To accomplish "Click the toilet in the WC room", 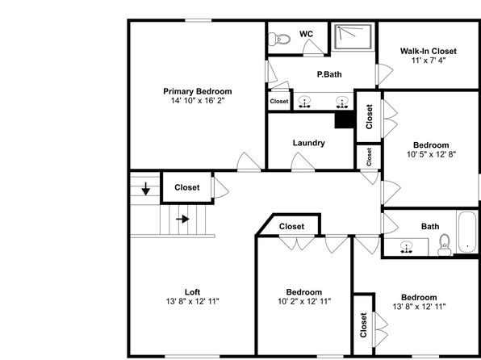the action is coord(279,40).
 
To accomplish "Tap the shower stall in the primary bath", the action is coord(353,36).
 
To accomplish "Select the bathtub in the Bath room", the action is coord(467,232).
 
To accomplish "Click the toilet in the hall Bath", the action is coord(445,245).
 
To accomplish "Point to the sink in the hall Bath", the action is coord(407,247).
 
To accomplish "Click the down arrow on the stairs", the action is coord(146,189).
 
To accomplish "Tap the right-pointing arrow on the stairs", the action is coord(182,219).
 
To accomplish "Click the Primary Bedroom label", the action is coord(198,91).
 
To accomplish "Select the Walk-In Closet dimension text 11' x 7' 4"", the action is coord(429,61).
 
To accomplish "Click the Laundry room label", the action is coord(308,143).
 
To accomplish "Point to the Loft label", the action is coord(193,292).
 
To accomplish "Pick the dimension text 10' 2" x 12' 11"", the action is coord(304,301).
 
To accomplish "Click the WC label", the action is coord(307,34).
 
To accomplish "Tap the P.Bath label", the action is coord(329,74).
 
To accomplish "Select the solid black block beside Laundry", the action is coord(345,119).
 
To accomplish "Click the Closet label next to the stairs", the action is coord(187,187).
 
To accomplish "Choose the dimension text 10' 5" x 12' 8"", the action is coord(431,154).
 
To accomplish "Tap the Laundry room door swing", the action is coord(303,161).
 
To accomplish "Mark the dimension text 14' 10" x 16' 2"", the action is coord(198,101).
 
